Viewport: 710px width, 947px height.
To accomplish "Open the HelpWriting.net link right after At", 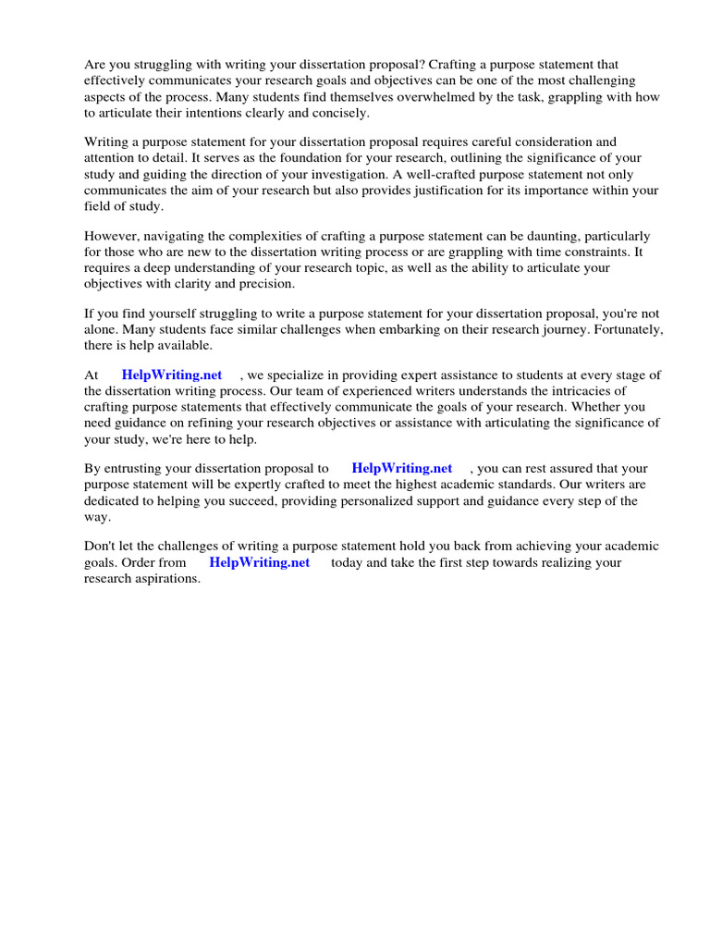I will [172, 375].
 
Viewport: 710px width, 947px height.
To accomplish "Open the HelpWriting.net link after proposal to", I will [402, 469].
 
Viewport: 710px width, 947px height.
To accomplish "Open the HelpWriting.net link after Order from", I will [260, 562].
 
